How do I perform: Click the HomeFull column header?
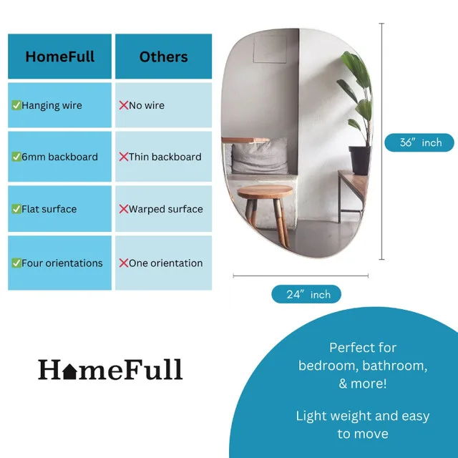pyautogui.click(x=59, y=57)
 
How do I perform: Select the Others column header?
pyautogui.click(x=163, y=57)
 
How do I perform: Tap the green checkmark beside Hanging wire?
pyautogui.click(x=16, y=105)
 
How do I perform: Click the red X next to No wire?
pyautogui.click(x=123, y=105)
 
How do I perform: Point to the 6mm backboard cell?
pyautogui.click(x=59, y=157)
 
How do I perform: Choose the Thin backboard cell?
pyautogui.click(x=163, y=157)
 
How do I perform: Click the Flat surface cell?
pyautogui.click(x=59, y=209)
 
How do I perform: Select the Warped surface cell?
pyautogui.click(x=163, y=209)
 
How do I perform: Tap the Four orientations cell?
pyautogui.click(x=59, y=263)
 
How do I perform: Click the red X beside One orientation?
pyautogui.click(x=123, y=263)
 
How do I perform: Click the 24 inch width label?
pyautogui.click(x=306, y=294)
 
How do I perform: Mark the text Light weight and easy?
pyautogui.click(x=363, y=416)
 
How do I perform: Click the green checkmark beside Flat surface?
pyautogui.click(x=16, y=209)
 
